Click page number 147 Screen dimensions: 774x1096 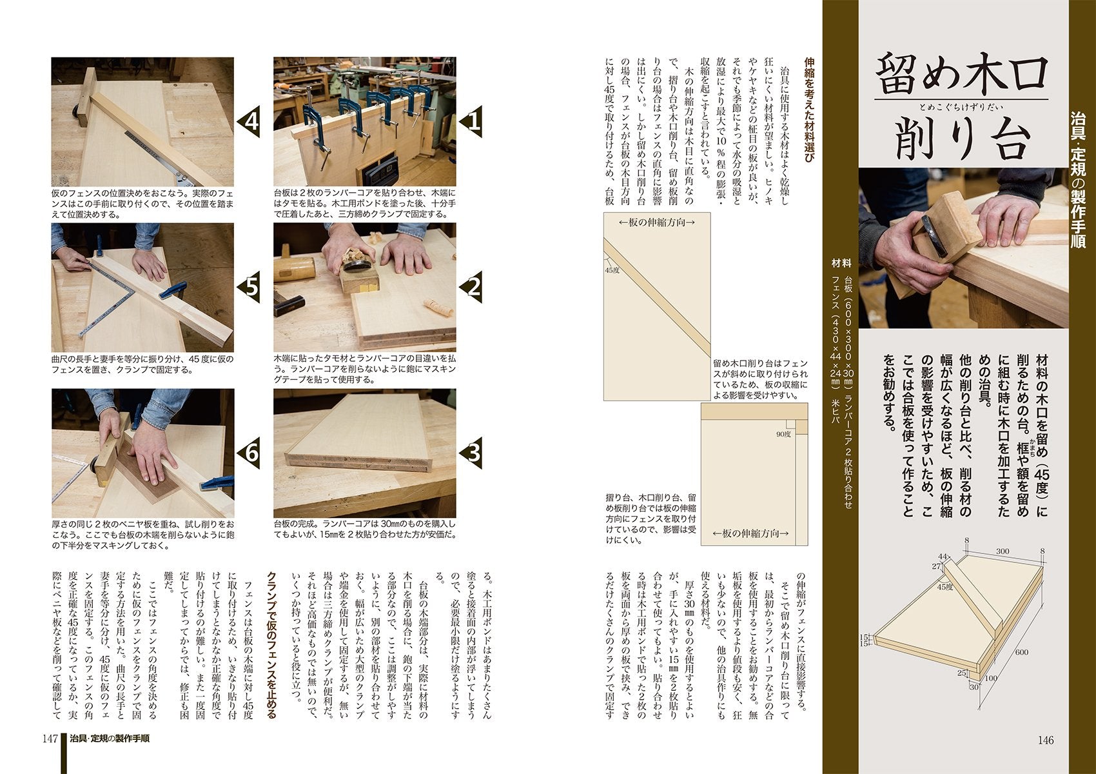click(51, 739)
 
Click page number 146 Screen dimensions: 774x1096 click(1045, 740)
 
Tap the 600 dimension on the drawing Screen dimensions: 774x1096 click(1022, 651)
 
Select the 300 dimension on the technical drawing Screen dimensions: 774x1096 click(1002, 551)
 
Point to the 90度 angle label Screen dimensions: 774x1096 click(783, 434)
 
